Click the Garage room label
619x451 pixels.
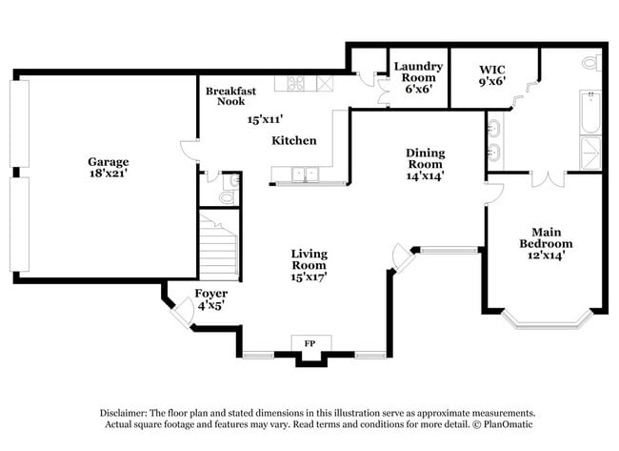[x=108, y=161]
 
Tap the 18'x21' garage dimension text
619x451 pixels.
[x=108, y=174]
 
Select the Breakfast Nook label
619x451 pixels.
[x=230, y=96]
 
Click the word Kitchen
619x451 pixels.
[x=294, y=140]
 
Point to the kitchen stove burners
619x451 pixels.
[x=290, y=84]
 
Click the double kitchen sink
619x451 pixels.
[x=304, y=174]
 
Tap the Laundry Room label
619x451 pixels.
[x=418, y=72]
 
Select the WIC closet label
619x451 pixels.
[x=492, y=70]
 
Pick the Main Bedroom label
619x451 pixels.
[x=546, y=236]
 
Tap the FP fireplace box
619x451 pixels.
[x=309, y=342]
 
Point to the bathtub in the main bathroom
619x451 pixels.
[x=589, y=113]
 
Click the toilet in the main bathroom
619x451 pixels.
[x=591, y=63]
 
